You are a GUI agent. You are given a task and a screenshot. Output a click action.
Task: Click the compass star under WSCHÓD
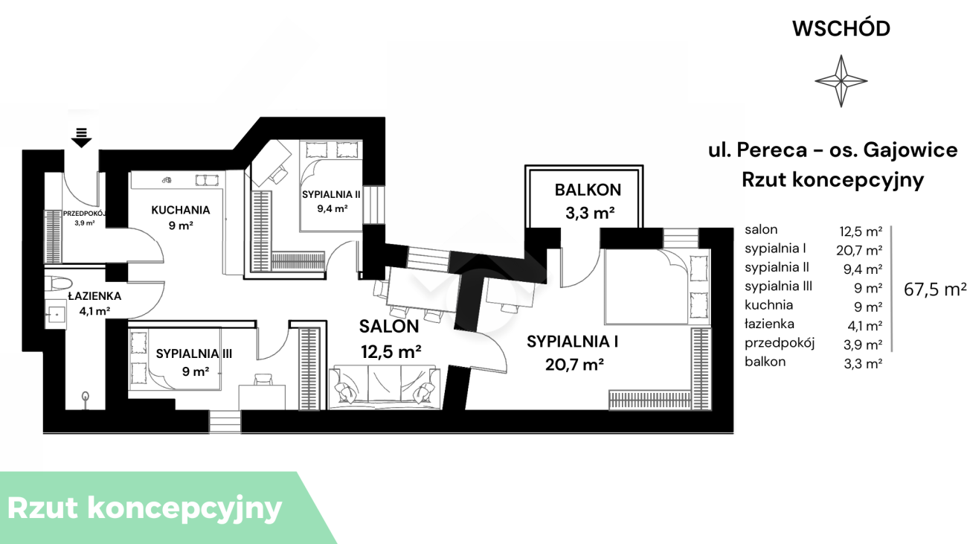(841, 80)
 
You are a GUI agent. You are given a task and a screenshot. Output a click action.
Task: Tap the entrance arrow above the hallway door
(82, 138)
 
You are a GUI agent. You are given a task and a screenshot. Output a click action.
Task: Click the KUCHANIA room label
(181, 211)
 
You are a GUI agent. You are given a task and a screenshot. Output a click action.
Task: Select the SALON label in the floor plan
(389, 327)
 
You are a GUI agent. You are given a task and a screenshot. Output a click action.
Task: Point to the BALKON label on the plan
(588, 190)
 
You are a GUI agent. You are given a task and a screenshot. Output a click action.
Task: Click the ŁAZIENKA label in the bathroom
(94, 296)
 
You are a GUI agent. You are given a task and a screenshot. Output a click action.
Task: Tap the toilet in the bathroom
(59, 284)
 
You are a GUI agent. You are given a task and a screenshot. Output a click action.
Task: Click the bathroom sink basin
(56, 314)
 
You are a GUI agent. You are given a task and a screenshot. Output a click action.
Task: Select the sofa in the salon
(385, 387)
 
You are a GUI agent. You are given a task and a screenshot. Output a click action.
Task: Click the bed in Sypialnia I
(657, 287)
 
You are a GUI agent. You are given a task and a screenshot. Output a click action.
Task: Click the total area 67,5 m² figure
(934, 289)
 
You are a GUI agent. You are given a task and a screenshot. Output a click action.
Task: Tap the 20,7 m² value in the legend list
(859, 250)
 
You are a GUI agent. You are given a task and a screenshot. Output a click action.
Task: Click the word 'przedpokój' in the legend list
(780, 343)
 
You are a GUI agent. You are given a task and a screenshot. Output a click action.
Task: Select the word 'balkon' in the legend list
(765, 362)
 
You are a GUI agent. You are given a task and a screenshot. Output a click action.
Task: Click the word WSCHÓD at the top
(841, 28)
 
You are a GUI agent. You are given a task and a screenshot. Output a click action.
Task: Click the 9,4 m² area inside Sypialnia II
(332, 209)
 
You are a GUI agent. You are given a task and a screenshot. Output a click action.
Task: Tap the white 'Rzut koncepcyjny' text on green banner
(144, 508)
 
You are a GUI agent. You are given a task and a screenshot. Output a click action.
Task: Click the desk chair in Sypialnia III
(263, 380)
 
